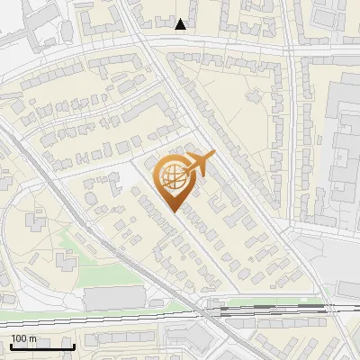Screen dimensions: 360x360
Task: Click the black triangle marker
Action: pyautogui.click(x=181, y=24)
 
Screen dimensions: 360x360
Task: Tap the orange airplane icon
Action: pyautogui.click(x=199, y=165)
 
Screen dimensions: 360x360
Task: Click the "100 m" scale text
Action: pyautogui.click(x=24, y=338)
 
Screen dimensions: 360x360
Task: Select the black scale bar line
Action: pyautogui.click(x=41, y=346)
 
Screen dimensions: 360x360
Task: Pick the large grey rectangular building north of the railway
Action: pyautogui.click(x=112, y=298)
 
